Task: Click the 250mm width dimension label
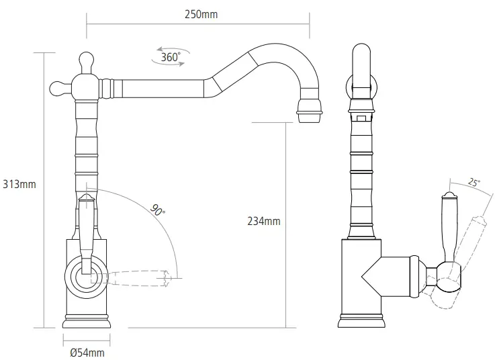(201, 14)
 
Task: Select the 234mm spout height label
(264, 221)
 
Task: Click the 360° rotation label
(171, 58)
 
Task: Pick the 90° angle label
(159, 210)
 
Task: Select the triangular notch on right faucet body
(373, 275)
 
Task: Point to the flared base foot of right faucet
(362, 321)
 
